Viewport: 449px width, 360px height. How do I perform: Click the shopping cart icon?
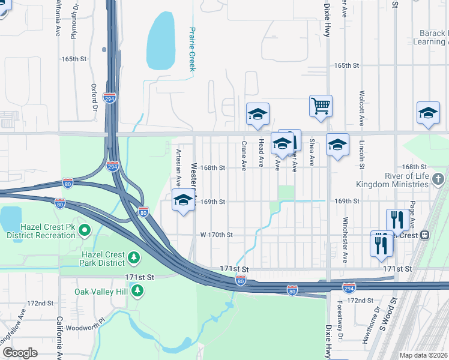321,106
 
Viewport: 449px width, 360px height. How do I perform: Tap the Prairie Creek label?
193,49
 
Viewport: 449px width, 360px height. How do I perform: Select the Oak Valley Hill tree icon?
138,291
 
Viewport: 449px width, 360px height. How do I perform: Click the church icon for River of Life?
439,179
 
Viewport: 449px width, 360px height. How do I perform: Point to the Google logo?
20,352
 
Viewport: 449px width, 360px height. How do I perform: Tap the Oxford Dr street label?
94,98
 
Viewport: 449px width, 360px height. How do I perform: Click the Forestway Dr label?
340,329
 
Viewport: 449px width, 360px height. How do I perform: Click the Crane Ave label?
244,155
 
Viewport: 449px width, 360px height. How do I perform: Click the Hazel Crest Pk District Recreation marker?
85,230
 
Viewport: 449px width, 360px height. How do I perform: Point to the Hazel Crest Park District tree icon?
133,258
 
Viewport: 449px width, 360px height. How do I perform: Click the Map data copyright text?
424,355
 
